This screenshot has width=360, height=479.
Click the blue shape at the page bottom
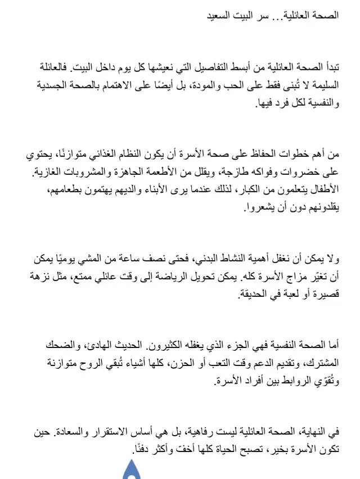coord(132,469)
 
